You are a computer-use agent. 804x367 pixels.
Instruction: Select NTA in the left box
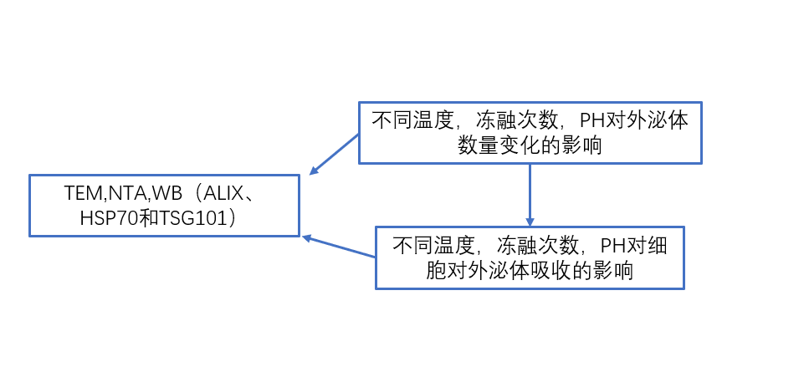[122, 193]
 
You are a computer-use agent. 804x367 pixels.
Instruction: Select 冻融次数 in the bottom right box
[529, 246]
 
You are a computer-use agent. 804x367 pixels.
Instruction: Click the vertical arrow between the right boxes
[530, 192]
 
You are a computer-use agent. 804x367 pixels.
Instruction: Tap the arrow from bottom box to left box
[339, 247]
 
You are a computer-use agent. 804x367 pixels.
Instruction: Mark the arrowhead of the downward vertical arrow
[530, 220]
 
